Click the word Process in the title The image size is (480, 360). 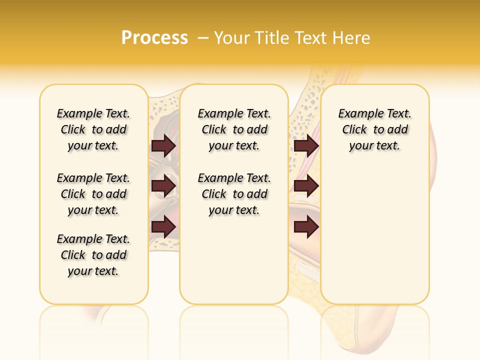point(154,37)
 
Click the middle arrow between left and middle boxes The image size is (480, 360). point(163,186)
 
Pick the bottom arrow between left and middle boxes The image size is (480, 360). point(163,226)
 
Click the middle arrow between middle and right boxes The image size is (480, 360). point(306,186)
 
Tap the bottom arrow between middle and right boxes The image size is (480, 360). point(306,226)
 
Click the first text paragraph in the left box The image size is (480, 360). point(93,129)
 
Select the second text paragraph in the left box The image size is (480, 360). point(93,194)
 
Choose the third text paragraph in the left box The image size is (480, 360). point(93,255)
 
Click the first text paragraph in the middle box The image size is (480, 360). point(234,129)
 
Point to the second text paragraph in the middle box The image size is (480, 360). point(234,194)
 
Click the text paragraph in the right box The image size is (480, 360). point(375,129)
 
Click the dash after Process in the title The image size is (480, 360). point(203,38)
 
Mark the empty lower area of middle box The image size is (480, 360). point(234,260)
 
